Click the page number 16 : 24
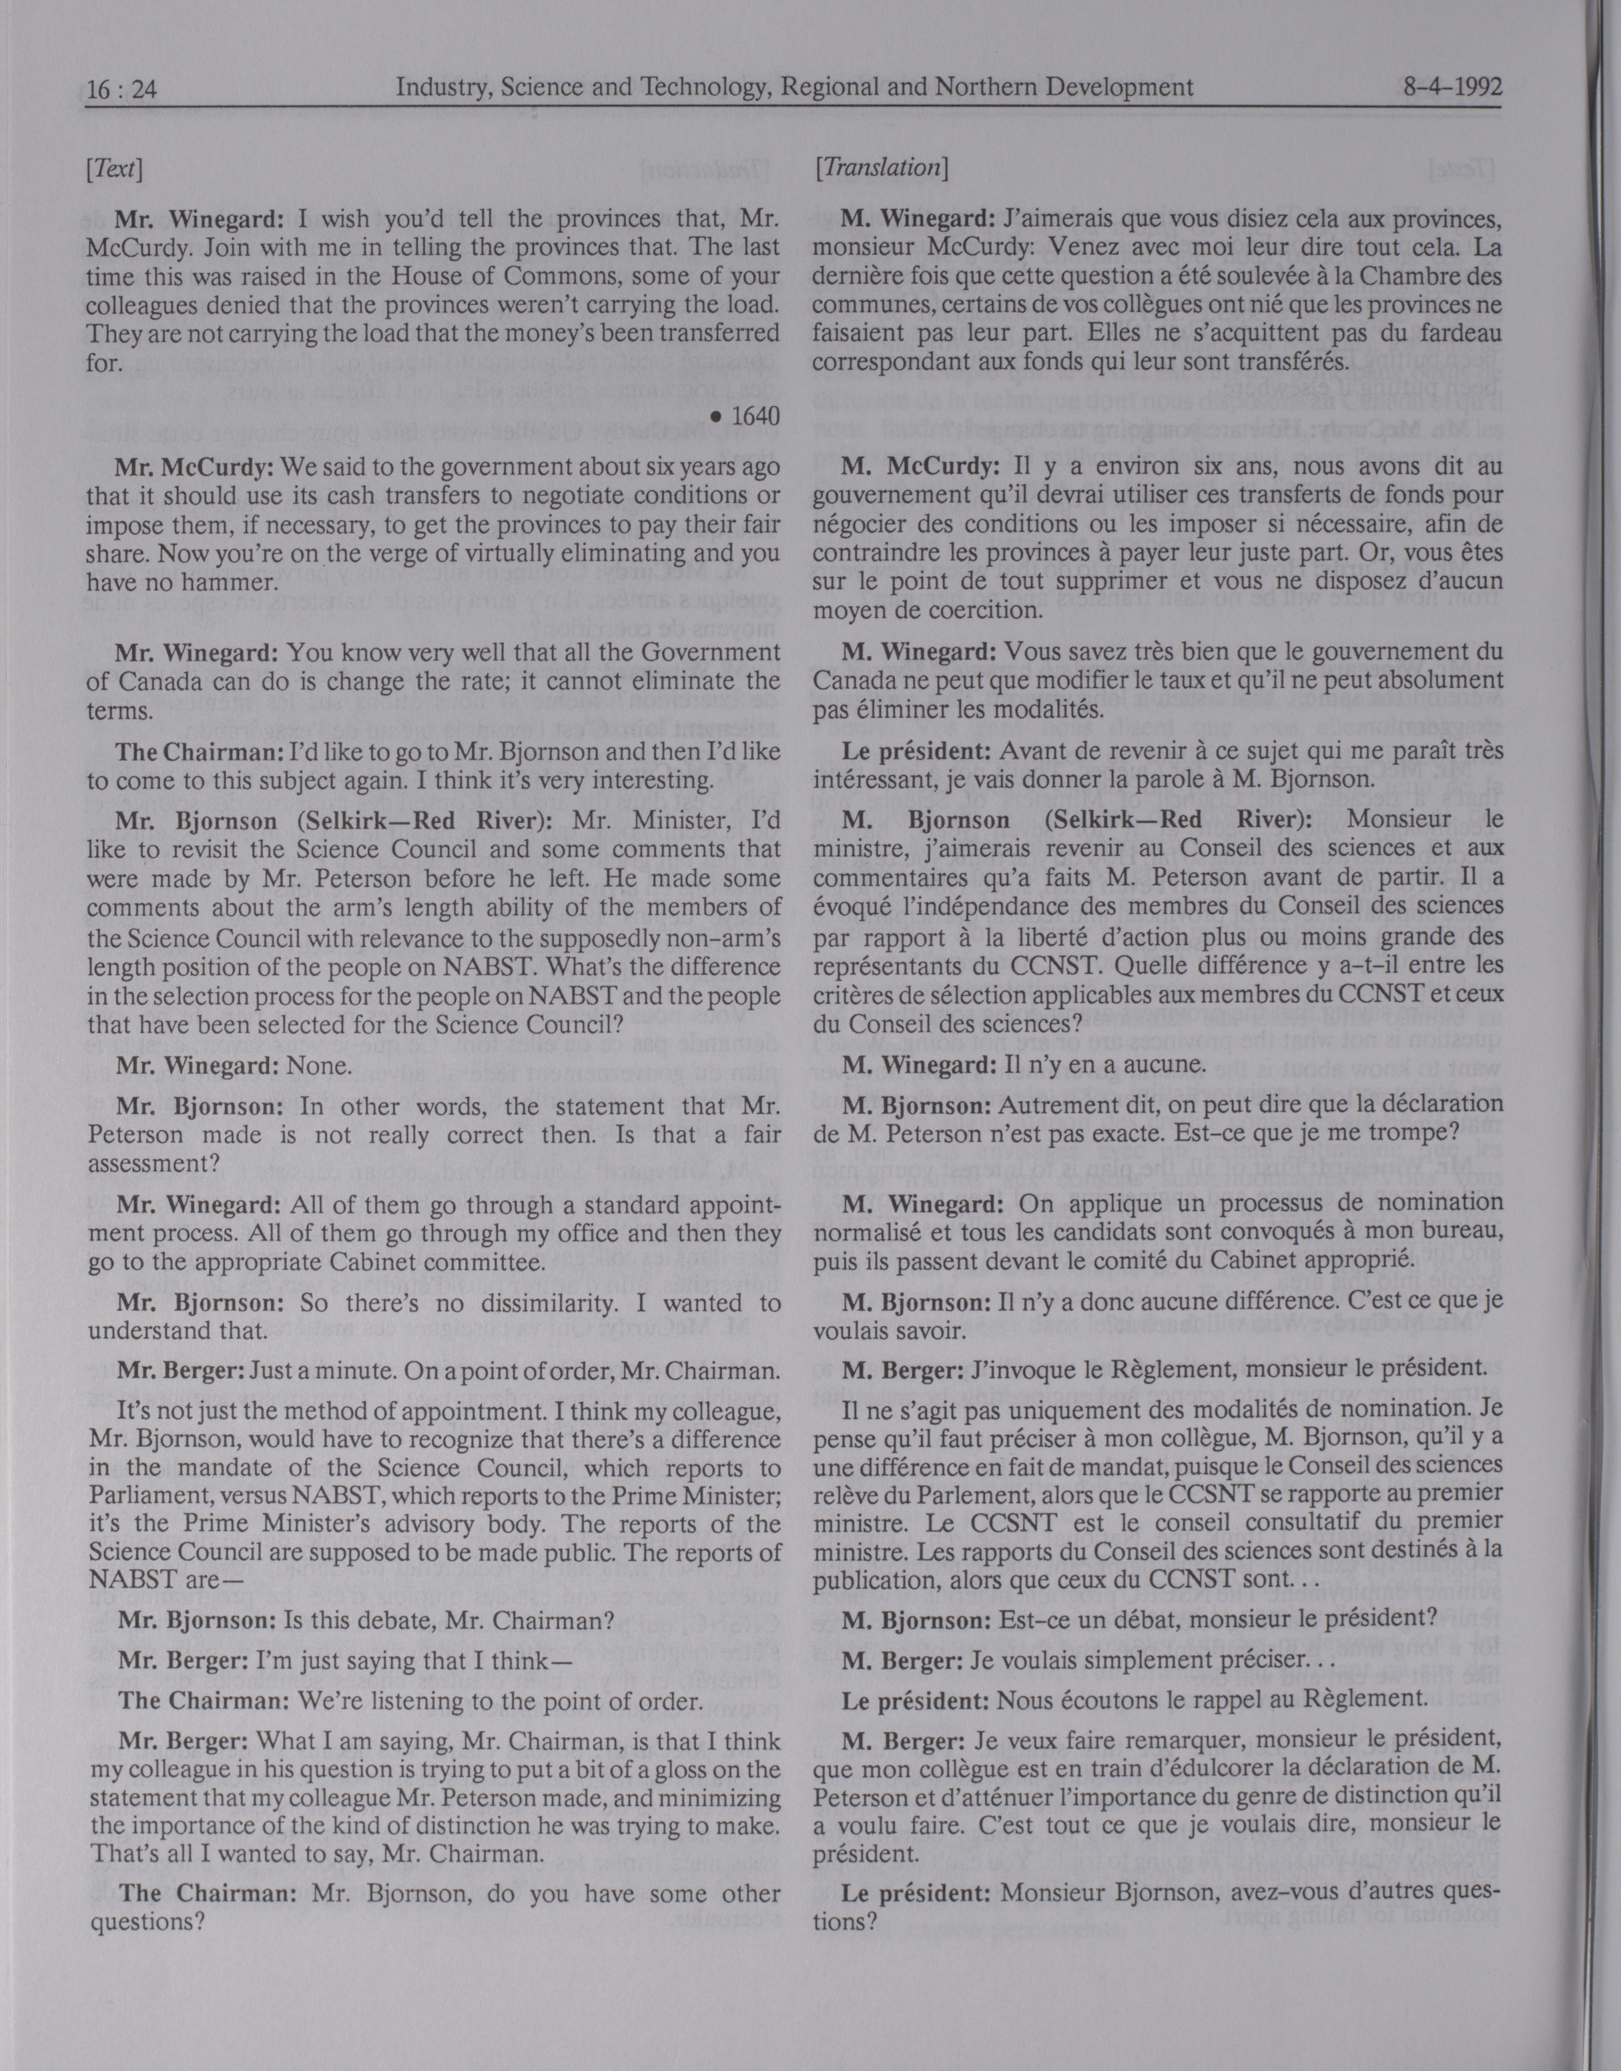pyautogui.click(x=121, y=90)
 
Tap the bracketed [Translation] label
pyautogui.click(x=881, y=168)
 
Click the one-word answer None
pyautogui.click(x=319, y=1066)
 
